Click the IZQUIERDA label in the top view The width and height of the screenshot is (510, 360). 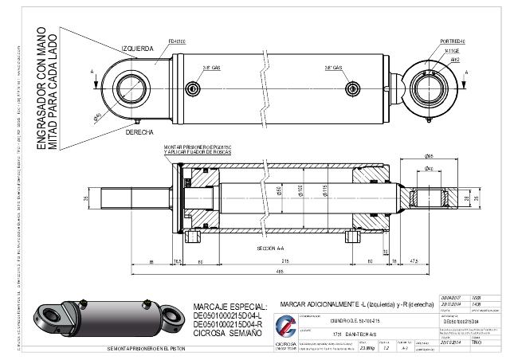coord(137,48)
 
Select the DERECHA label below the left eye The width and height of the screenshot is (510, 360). coord(140,132)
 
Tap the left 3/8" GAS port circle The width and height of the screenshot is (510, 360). coord(191,87)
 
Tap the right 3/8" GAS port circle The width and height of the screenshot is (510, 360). coord(351,87)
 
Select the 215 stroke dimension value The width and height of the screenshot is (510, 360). coord(284,260)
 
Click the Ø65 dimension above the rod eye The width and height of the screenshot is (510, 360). coord(429,156)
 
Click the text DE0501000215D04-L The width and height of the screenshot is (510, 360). coord(228,316)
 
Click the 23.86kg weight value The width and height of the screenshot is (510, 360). coord(367,348)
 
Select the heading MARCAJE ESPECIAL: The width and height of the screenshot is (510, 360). coord(226,307)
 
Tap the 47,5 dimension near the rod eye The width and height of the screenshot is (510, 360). coord(414,260)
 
